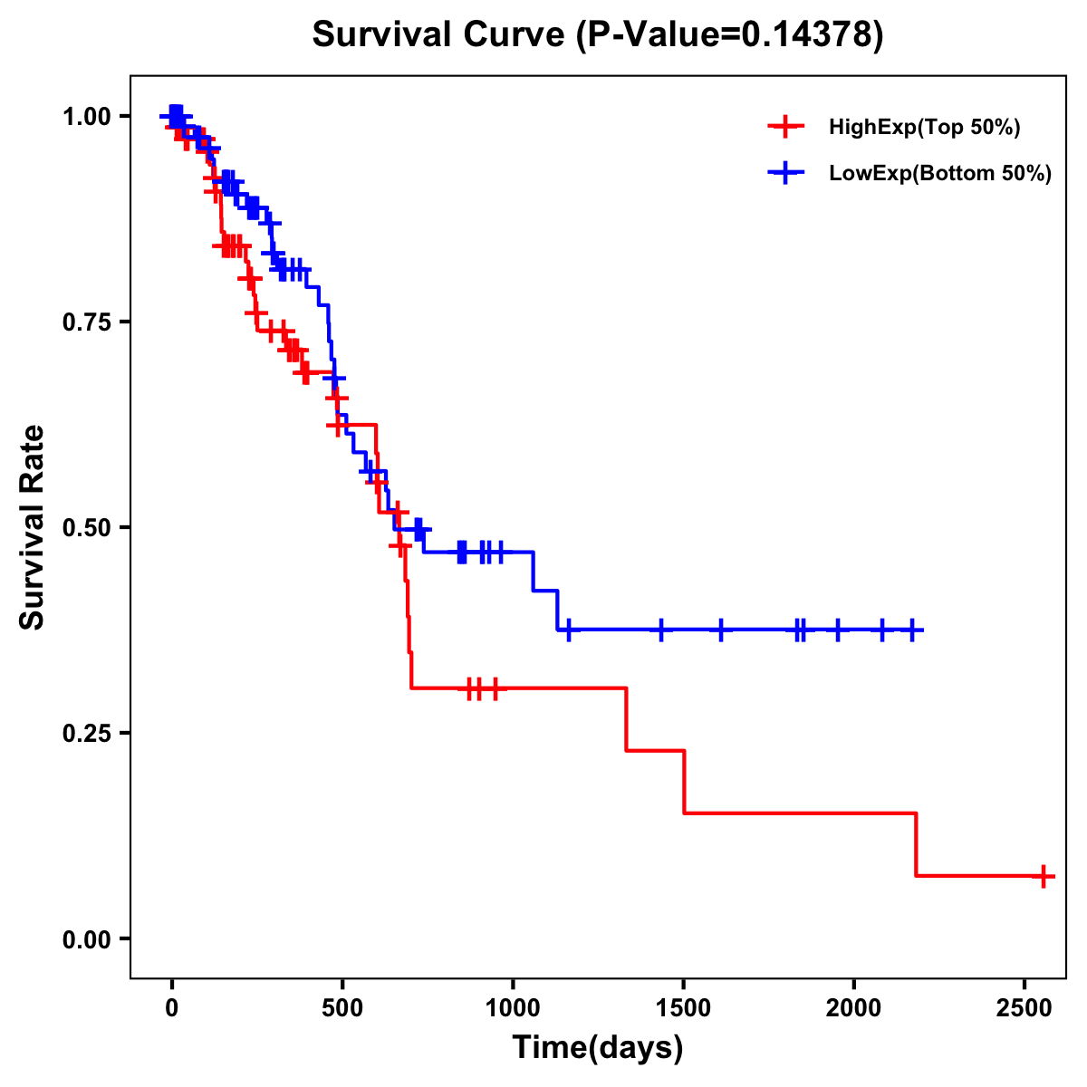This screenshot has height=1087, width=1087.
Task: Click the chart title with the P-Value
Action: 597,35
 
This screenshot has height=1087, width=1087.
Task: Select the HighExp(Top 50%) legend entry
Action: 924,128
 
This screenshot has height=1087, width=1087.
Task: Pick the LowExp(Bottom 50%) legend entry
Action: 940,174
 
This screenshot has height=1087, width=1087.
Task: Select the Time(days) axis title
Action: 597,1047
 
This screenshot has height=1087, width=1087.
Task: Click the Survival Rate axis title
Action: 34,527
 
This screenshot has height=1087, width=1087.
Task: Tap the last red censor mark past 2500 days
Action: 1044,876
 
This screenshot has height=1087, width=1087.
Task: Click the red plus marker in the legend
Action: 785,127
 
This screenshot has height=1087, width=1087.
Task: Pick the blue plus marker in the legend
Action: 785,173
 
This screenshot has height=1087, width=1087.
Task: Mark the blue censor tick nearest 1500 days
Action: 661,630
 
